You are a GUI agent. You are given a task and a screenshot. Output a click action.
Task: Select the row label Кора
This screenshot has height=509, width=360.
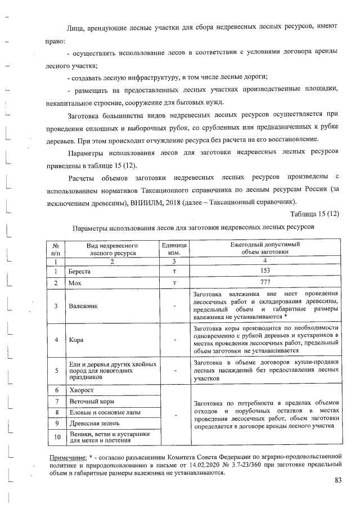(x=76, y=340)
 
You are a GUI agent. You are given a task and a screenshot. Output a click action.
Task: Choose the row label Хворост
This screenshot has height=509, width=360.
(x=81, y=390)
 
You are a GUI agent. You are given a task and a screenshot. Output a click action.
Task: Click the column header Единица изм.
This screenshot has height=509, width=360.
(x=174, y=250)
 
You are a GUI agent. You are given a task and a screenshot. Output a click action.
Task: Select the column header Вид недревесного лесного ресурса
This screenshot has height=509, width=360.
(x=112, y=250)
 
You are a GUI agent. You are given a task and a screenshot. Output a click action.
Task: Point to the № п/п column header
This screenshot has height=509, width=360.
(x=56, y=250)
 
